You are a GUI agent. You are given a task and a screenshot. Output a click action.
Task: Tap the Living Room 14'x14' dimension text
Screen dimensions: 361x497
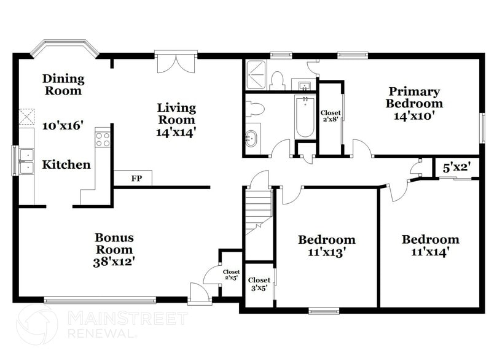176,132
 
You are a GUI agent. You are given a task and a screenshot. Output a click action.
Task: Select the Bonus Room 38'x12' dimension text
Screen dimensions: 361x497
114,261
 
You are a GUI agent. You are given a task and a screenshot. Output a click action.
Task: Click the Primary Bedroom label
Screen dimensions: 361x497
414,97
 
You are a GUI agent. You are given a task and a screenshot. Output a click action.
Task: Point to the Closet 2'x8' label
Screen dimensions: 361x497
331,116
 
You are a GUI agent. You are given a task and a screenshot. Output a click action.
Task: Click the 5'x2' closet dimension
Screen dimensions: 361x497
456,166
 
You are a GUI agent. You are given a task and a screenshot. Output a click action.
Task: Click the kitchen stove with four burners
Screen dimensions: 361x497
103,139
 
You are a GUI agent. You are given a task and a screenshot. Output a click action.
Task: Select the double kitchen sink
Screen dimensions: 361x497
26,161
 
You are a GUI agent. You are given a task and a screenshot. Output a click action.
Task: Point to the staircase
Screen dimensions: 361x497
258,209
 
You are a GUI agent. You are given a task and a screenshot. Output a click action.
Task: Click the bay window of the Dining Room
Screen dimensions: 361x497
65,48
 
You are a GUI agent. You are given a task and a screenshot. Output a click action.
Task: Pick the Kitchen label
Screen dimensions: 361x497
66,165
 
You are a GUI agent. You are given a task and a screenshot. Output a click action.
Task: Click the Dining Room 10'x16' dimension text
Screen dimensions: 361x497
62,126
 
